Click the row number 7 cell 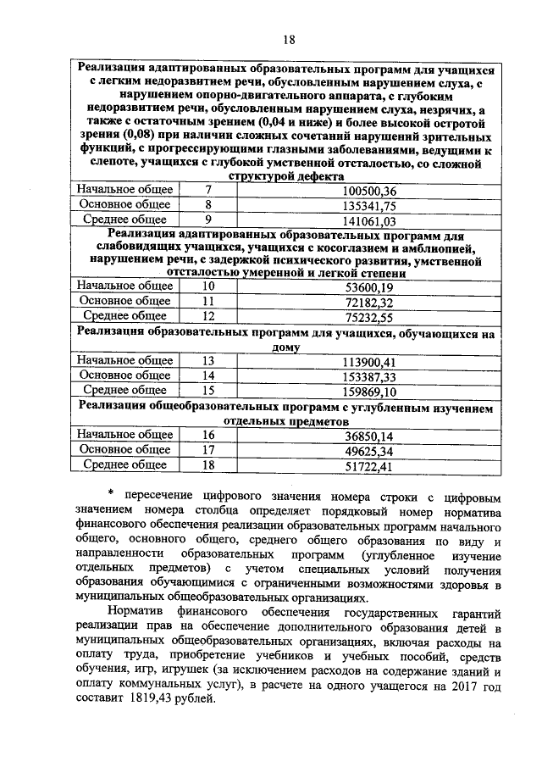click(x=207, y=191)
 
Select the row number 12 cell click(x=207, y=315)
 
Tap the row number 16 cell click(x=207, y=436)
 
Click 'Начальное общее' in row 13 click(x=124, y=361)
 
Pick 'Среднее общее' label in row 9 click(x=124, y=220)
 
